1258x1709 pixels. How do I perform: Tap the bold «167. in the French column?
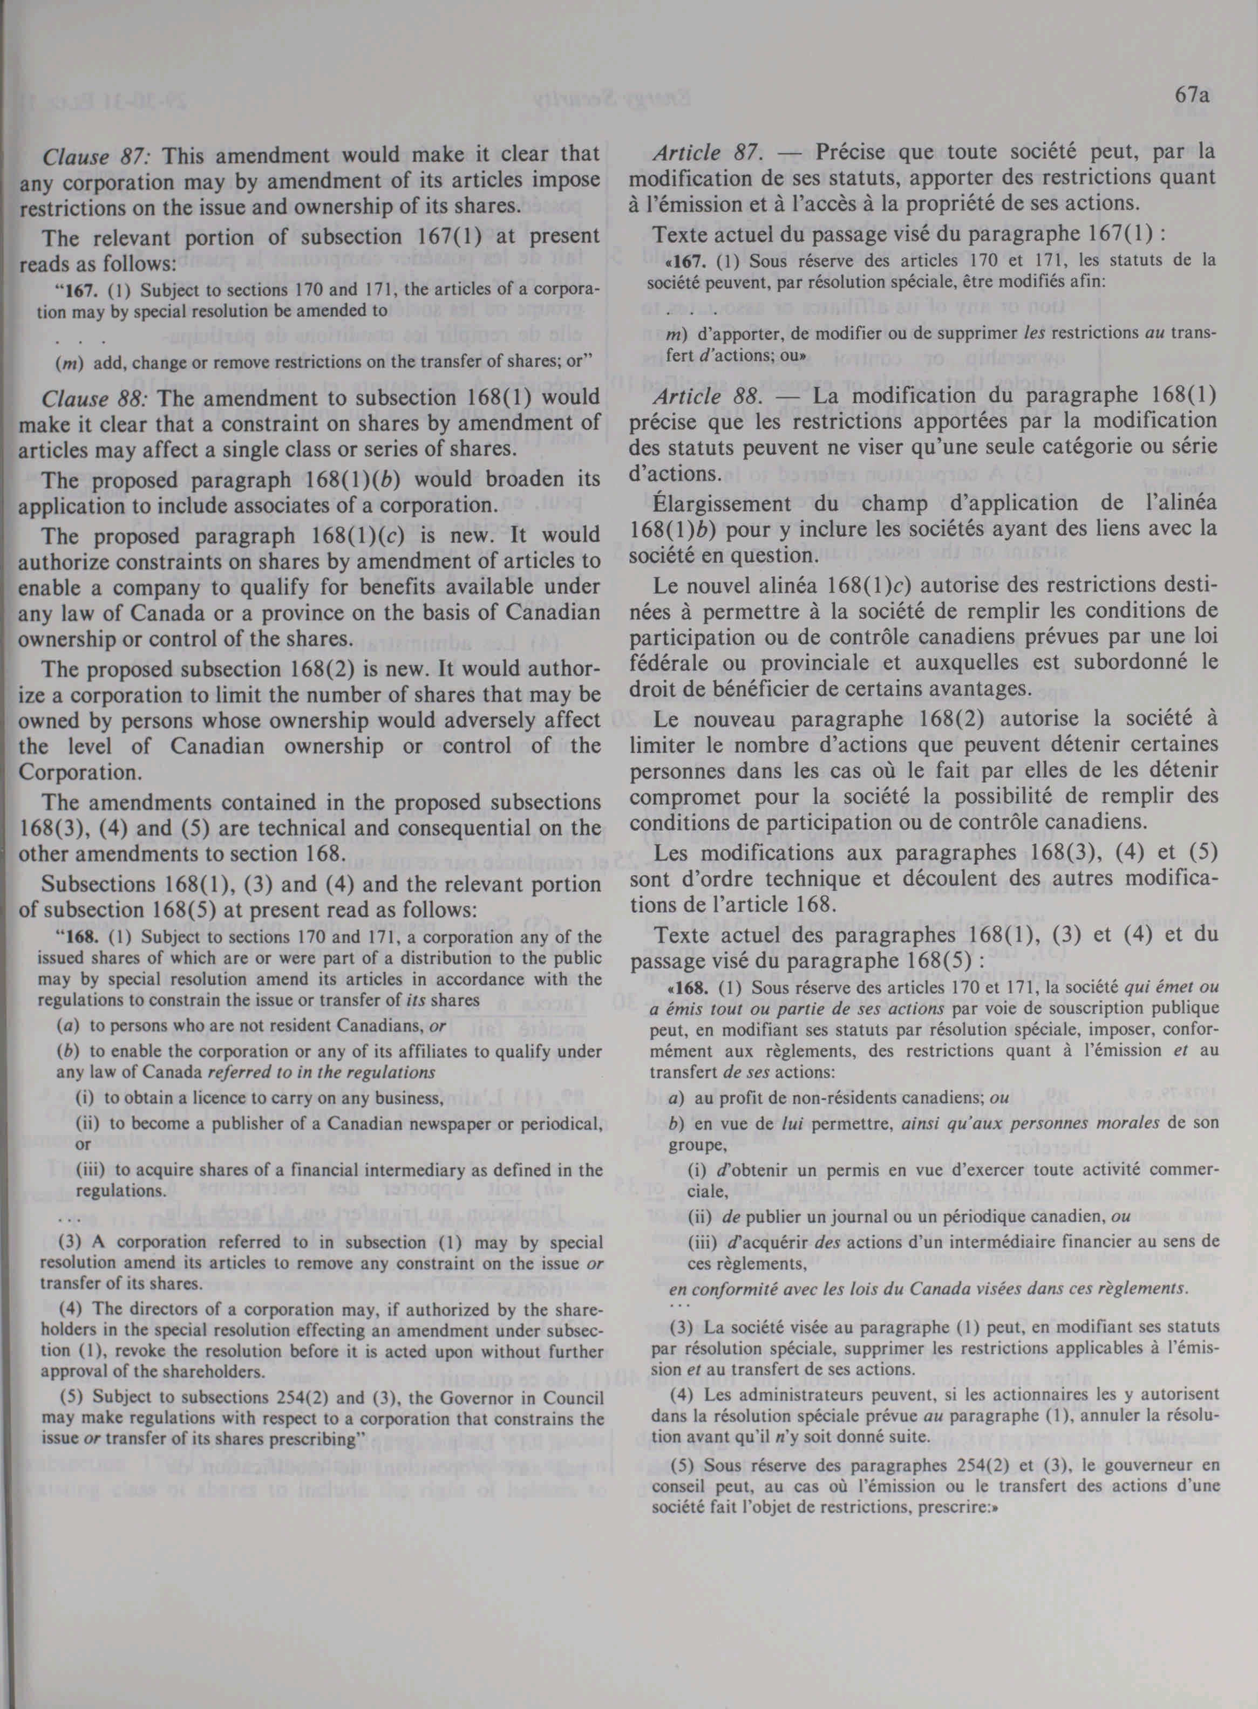[x=685, y=263]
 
